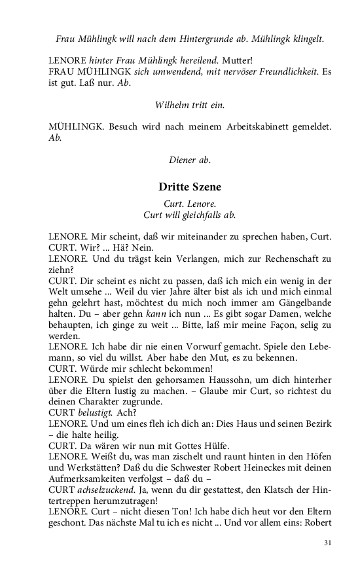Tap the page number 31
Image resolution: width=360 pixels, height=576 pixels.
(328, 543)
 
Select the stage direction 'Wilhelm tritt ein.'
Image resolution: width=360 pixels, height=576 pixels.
(189, 105)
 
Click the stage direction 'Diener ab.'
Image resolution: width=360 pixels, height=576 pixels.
(189, 159)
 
